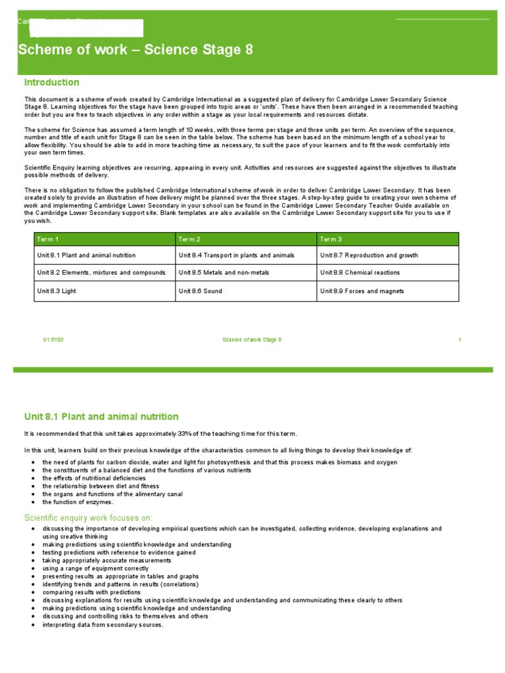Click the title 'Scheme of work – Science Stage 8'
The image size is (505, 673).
pos(135,51)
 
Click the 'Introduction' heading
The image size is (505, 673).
pos(52,82)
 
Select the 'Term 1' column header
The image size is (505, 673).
pos(48,239)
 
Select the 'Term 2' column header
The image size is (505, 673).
pos(189,239)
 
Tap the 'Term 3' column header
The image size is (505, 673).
pos(331,239)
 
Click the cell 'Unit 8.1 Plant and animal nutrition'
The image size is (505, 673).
pos(87,255)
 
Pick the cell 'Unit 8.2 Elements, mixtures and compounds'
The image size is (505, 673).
pos(96,273)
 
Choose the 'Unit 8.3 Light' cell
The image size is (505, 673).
pos(55,291)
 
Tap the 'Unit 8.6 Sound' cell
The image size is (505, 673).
pos(201,291)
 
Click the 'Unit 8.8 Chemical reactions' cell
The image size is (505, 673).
pos(360,273)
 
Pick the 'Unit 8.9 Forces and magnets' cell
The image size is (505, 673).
pos(362,291)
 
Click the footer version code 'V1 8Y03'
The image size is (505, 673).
pos(53,340)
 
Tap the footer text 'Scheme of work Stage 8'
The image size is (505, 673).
pos(252,340)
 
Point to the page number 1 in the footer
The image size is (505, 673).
pos(460,340)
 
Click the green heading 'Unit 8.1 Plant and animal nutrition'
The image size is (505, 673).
pos(101,417)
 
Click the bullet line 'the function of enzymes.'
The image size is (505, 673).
pos(78,502)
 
